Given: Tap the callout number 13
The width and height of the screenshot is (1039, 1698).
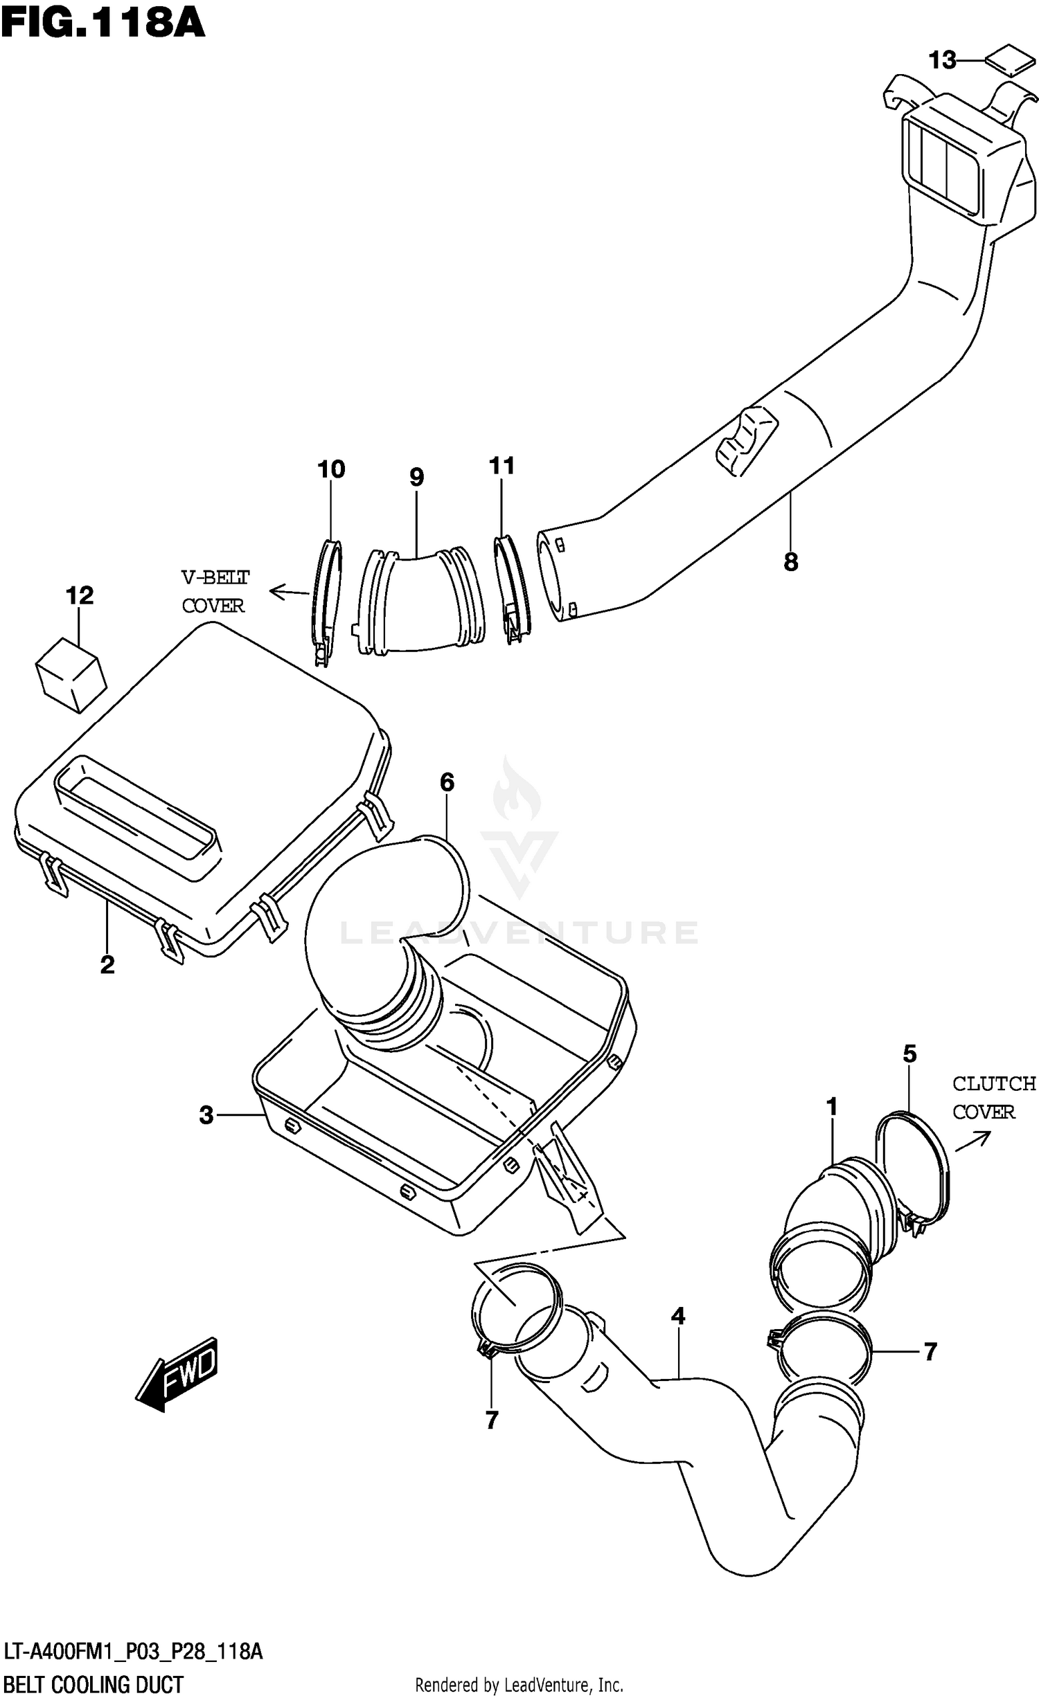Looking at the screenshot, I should (x=942, y=61).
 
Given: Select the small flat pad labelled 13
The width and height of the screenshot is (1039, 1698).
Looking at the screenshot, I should (x=1009, y=62).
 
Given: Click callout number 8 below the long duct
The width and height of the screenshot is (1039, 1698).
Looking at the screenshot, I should (x=791, y=561).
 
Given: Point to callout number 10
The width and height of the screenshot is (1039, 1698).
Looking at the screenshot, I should (x=331, y=469).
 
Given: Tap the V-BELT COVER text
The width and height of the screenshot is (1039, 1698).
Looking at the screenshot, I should (x=215, y=591).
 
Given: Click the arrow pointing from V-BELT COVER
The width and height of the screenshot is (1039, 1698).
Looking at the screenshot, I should (x=288, y=592).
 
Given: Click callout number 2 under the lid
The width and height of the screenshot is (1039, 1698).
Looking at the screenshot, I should (x=107, y=964).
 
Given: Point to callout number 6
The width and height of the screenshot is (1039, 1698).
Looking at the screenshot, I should (x=447, y=782).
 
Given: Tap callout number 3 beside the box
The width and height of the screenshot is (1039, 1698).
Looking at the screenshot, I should (x=206, y=1115).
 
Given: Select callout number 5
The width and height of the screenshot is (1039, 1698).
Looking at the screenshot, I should (x=909, y=1054).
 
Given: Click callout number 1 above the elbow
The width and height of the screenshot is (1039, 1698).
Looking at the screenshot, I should (x=832, y=1107).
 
